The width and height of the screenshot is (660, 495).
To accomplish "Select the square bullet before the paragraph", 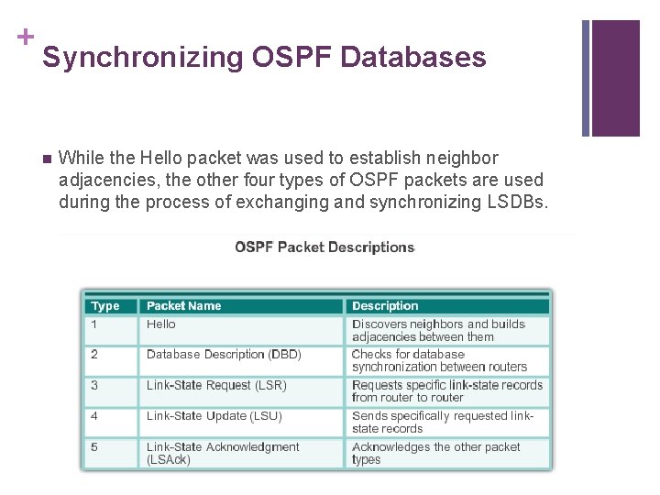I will point(47,159).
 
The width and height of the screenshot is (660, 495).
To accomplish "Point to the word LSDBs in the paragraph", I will point(520,202).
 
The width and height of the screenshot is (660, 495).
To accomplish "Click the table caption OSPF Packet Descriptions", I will point(324,247).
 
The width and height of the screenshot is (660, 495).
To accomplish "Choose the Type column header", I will point(105,306).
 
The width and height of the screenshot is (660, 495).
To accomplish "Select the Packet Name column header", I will point(183,306).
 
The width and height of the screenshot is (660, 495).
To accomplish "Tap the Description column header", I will point(385,306).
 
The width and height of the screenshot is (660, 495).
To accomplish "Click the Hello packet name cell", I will point(161,324).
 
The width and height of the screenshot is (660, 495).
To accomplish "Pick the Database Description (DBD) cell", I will point(224,355).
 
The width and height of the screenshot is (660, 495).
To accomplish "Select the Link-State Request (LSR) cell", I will point(216,386).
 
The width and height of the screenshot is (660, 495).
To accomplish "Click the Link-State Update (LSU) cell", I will point(214,416).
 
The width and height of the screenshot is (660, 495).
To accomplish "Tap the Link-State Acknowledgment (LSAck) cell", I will point(223,453).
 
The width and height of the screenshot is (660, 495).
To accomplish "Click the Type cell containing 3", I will point(94,386).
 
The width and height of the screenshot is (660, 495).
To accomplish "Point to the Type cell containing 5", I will point(94,447).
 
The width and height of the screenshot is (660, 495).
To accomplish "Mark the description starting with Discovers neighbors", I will point(439,330).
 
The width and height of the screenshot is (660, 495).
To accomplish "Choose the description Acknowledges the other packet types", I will point(436,453).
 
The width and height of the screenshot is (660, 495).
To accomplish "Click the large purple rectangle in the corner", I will point(615,78).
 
